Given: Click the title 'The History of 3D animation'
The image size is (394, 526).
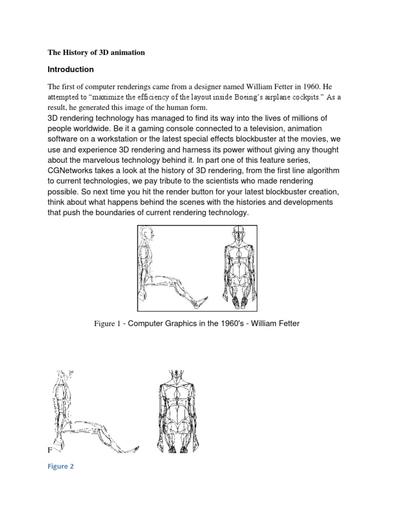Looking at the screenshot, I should [x=96, y=52].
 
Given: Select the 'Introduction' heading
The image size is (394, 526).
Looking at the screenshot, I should [x=71, y=69].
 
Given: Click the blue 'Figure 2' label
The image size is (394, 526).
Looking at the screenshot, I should [x=61, y=467].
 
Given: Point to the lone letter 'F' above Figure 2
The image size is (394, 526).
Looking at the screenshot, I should [x=50, y=450].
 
